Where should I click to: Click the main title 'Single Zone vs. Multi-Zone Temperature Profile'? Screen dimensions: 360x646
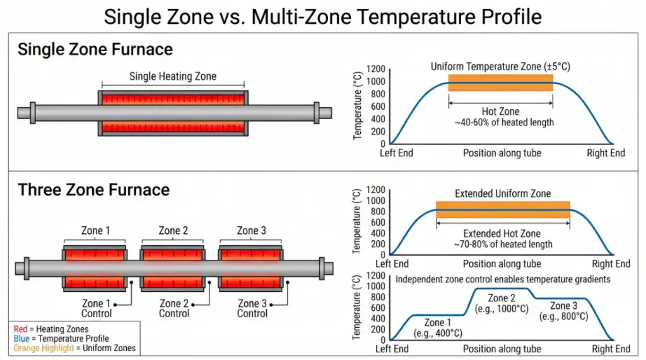(x=322, y=16)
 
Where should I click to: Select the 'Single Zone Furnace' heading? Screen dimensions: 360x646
(x=95, y=49)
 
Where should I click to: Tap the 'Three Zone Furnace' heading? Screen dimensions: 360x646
(x=93, y=190)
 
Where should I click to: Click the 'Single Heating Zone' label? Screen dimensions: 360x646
(x=173, y=76)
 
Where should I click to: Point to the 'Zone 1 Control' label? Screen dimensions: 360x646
(x=97, y=308)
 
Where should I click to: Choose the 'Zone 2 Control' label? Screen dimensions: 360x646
(x=173, y=308)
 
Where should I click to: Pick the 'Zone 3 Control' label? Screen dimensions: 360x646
(x=252, y=308)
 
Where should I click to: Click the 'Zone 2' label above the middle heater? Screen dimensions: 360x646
(x=173, y=231)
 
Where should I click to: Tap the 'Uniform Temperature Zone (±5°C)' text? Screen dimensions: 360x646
(x=500, y=66)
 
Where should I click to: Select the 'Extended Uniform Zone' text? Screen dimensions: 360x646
(x=502, y=194)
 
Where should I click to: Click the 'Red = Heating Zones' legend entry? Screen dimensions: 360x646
(x=51, y=329)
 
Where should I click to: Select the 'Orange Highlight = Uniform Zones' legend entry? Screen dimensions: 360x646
(x=74, y=348)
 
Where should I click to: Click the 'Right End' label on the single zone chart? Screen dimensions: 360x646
(x=606, y=153)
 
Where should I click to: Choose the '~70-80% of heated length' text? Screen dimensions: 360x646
(x=502, y=244)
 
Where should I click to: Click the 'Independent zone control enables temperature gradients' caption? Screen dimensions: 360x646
(x=503, y=279)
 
